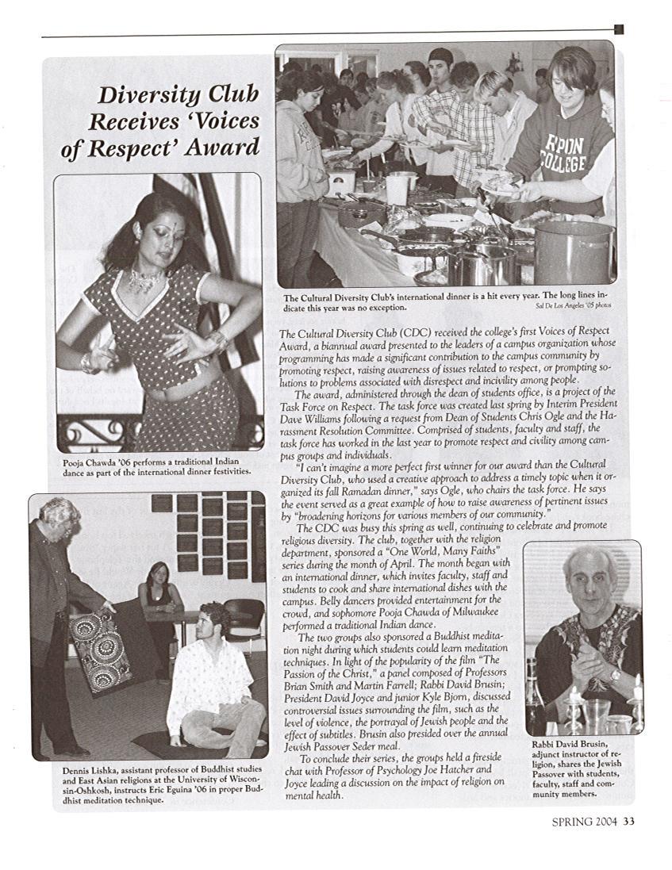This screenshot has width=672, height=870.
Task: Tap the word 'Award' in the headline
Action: click(x=225, y=148)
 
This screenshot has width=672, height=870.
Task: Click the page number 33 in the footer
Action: click(x=628, y=822)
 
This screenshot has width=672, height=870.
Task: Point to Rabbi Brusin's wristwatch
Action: click(x=614, y=676)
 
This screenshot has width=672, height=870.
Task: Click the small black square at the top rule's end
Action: click(x=619, y=29)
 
